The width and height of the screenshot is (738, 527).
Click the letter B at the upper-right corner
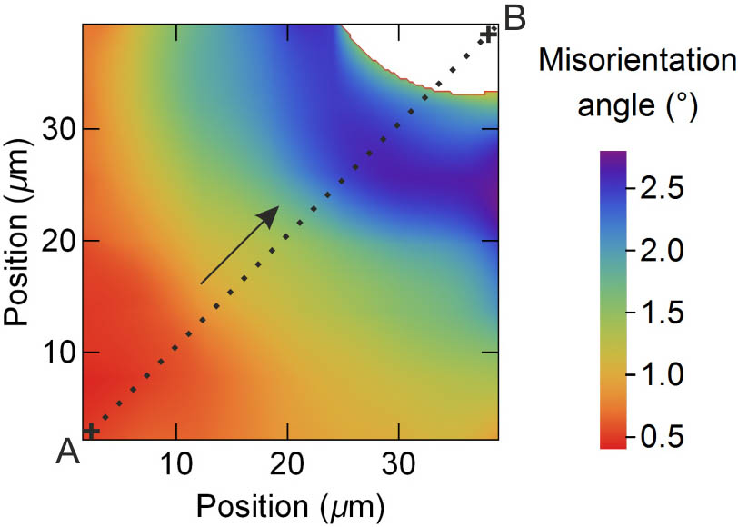514,17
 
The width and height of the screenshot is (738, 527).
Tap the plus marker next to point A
91,430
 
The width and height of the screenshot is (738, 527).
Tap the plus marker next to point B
489,35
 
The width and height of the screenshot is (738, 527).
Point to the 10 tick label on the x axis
175,465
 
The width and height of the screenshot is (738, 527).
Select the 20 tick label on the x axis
287,465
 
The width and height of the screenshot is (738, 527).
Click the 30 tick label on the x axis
399,465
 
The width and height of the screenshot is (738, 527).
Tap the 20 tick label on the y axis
58,241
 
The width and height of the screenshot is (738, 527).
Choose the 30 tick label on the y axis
58,129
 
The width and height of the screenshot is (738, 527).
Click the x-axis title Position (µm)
291,502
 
